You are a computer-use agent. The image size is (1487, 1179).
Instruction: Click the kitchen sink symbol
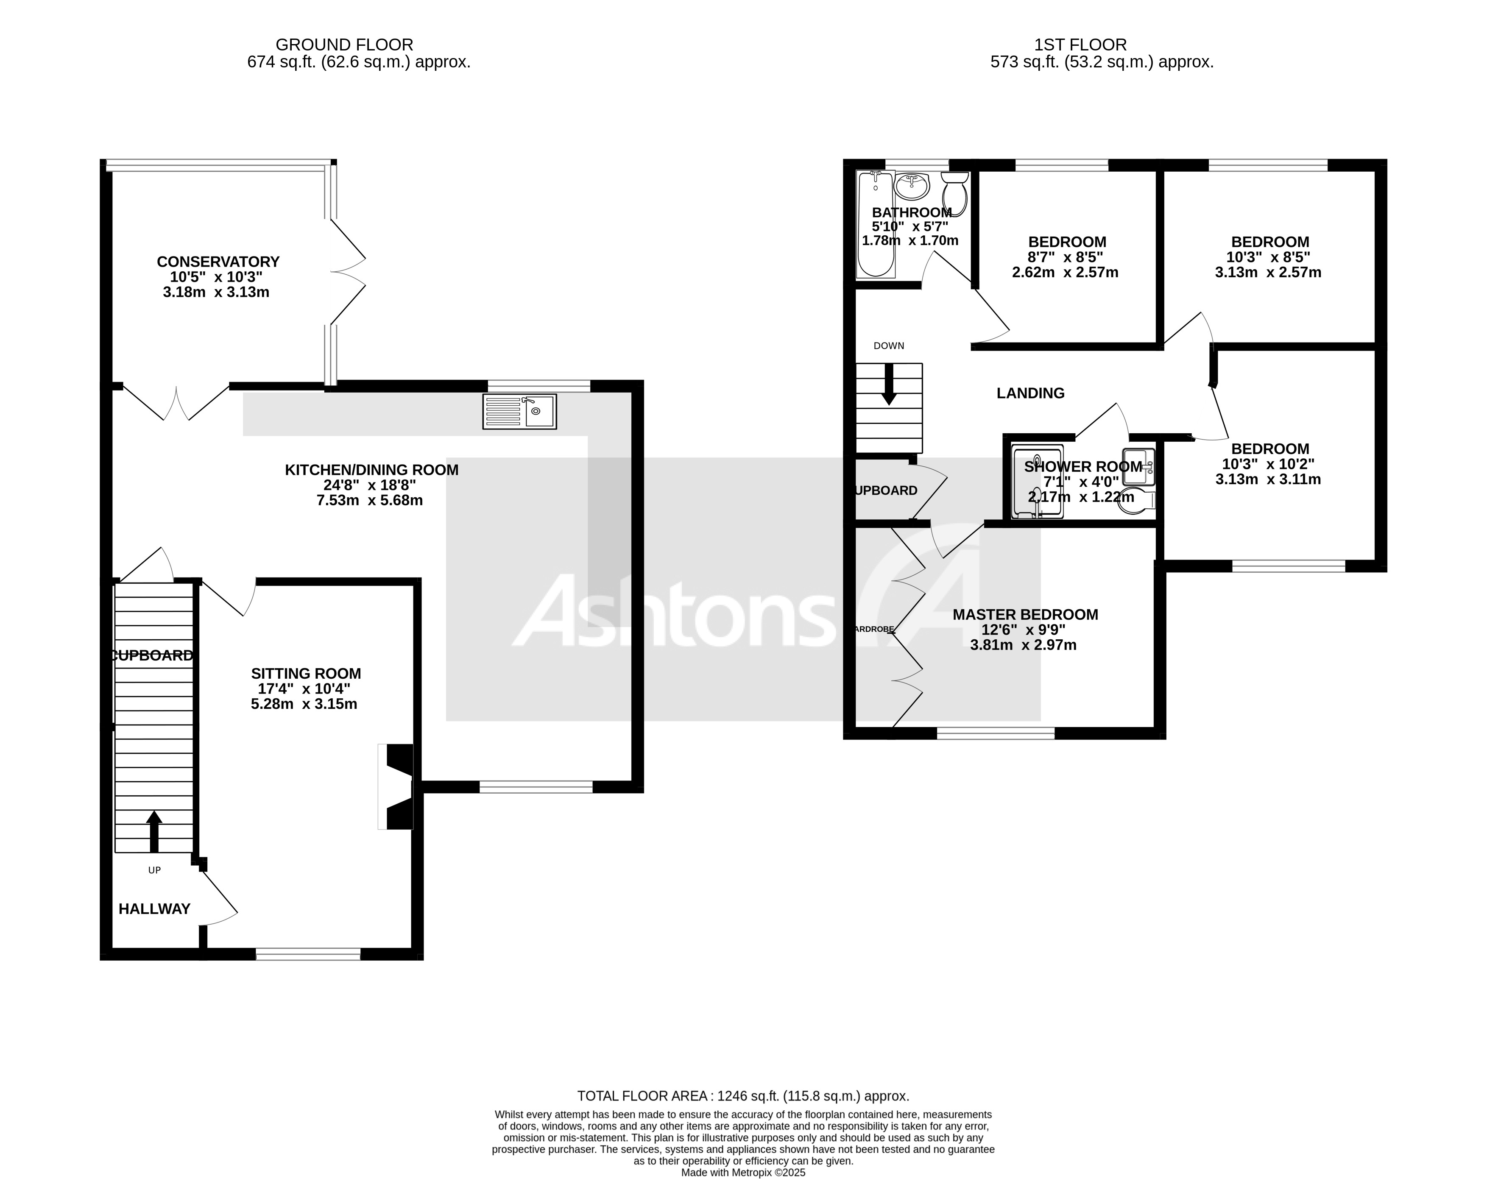click(519, 412)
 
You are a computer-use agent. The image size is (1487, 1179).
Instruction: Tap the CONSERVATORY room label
click(218, 262)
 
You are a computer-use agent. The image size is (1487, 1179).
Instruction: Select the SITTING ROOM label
click(306, 674)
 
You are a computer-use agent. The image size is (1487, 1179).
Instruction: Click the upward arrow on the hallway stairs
click(154, 831)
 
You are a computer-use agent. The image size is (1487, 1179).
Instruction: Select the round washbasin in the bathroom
click(912, 185)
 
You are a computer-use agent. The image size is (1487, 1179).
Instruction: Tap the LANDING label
click(1030, 393)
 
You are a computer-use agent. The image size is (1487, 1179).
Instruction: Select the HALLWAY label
click(154, 909)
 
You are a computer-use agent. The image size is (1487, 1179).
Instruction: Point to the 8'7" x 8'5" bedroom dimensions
click(1065, 257)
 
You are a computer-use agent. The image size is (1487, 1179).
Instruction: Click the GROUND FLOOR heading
click(344, 45)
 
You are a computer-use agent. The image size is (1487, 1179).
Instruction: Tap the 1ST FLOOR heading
click(1080, 45)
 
